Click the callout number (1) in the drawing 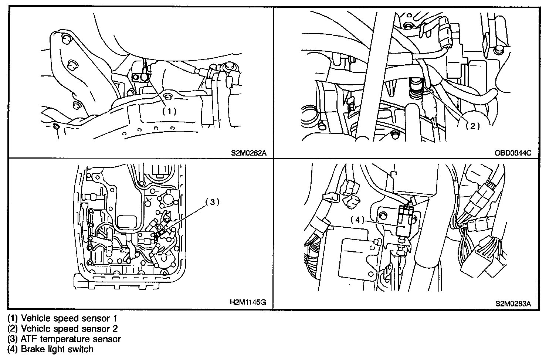pos(170,111)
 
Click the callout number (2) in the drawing pos(472,126)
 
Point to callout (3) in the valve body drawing pos(213,202)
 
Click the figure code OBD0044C pos(513,153)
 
